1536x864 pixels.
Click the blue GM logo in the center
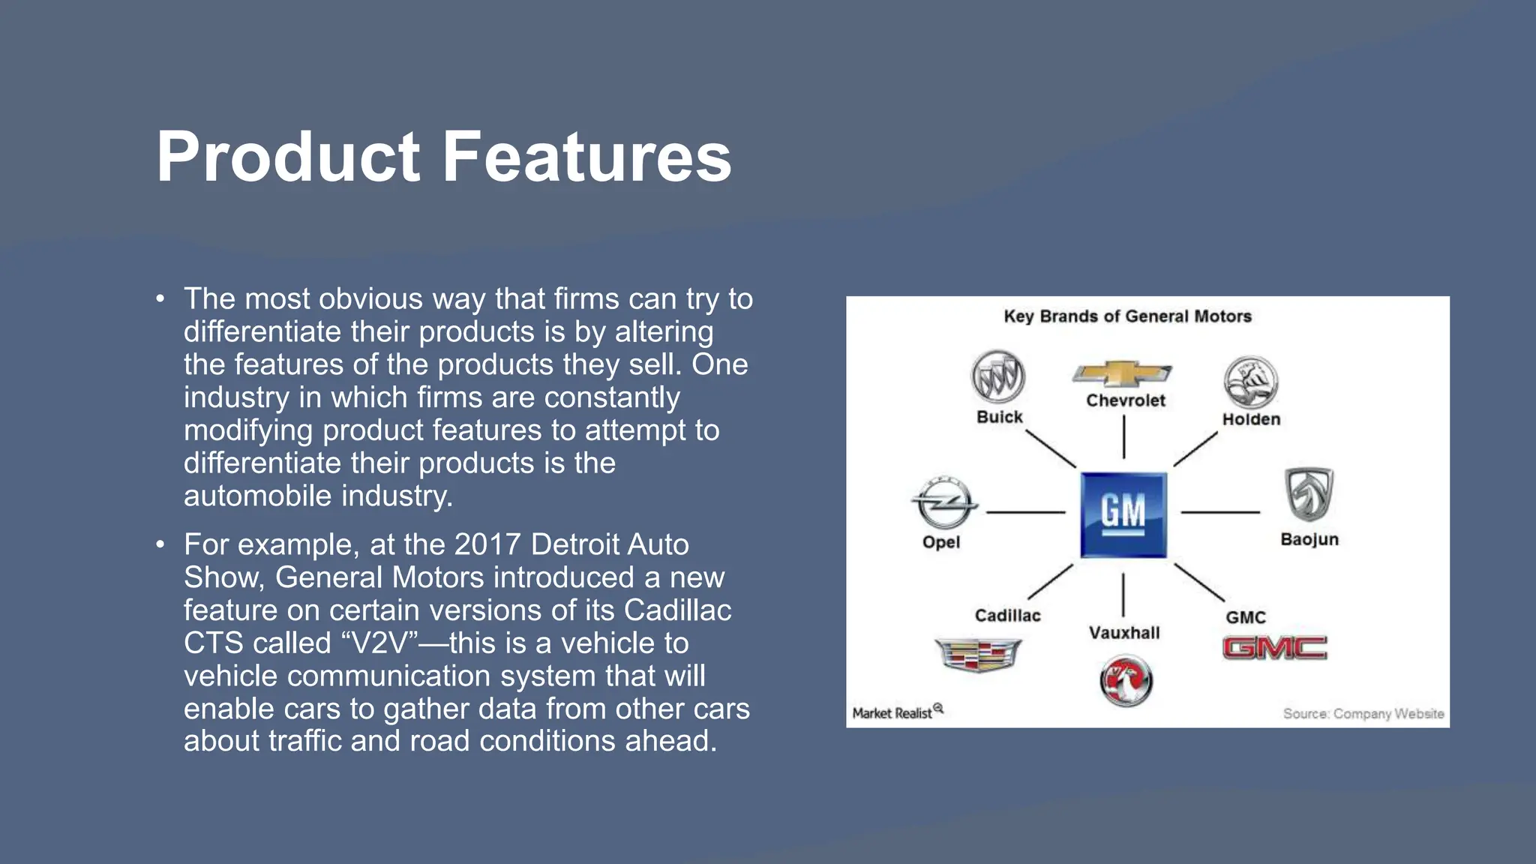tap(1123, 514)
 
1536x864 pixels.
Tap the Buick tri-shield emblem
tap(997, 377)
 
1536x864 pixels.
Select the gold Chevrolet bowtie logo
tap(1122, 373)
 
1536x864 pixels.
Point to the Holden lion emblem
tap(1250, 382)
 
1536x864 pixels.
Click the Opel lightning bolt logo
tap(943, 502)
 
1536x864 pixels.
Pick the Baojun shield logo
tap(1309, 493)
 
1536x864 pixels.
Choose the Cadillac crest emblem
tap(978, 654)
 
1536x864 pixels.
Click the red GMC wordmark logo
tap(1274, 648)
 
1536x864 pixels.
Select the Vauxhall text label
tap(1123, 633)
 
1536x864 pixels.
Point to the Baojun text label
tap(1309, 539)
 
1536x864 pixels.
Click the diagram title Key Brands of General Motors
tap(1127, 316)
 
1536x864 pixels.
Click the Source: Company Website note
tap(1363, 713)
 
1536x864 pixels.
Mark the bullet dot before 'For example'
tap(160, 544)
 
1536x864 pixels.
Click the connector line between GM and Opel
tap(1025, 512)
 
